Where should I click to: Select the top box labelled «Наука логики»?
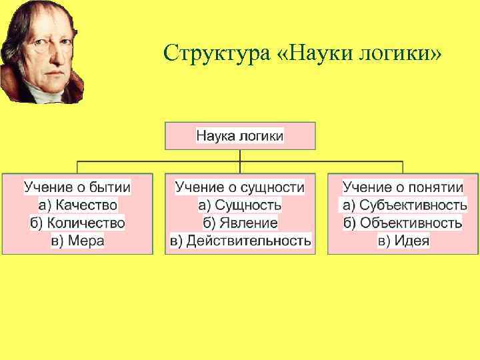240,136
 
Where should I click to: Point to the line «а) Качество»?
77,205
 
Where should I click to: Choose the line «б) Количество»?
77,223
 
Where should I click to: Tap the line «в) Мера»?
77,240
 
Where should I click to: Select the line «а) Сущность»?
240,205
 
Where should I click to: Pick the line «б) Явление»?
240,223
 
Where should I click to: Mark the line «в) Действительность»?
240,240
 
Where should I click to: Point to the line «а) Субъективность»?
403,205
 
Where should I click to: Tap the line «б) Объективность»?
403,223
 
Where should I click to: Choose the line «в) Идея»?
403,240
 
